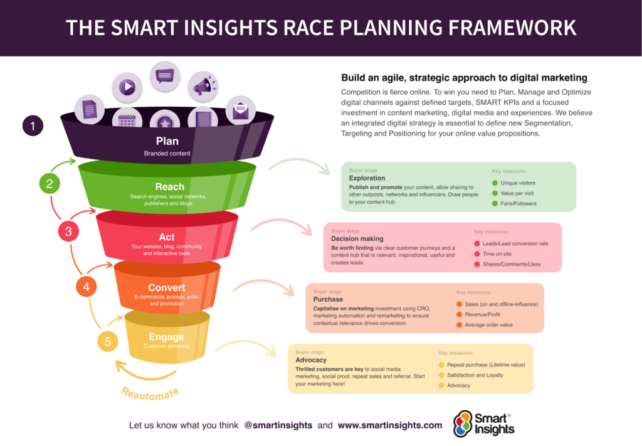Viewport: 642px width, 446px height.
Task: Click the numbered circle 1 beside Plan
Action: [x=33, y=126]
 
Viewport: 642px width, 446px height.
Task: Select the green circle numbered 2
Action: [x=50, y=184]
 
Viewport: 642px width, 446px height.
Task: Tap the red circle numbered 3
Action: [x=68, y=231]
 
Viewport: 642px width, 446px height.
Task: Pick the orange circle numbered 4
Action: [x=87, y=287]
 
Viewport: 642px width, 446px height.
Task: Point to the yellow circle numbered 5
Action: [x=108, y=342]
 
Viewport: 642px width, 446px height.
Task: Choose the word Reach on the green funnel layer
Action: [x=169, y=186]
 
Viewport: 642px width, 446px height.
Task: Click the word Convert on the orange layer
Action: [x=167, y=288]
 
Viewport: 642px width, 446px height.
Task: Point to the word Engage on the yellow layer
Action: [x=166, y=337]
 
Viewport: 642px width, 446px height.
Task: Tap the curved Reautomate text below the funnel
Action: [x=150, y=394]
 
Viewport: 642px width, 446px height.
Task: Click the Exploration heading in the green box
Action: [x=367, y=178]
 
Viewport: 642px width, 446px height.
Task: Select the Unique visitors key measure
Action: [x=518, y=183]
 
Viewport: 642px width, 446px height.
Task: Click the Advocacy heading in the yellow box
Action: [x=311, y=360]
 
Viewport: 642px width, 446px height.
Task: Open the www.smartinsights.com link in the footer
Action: [x=390, y=425]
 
